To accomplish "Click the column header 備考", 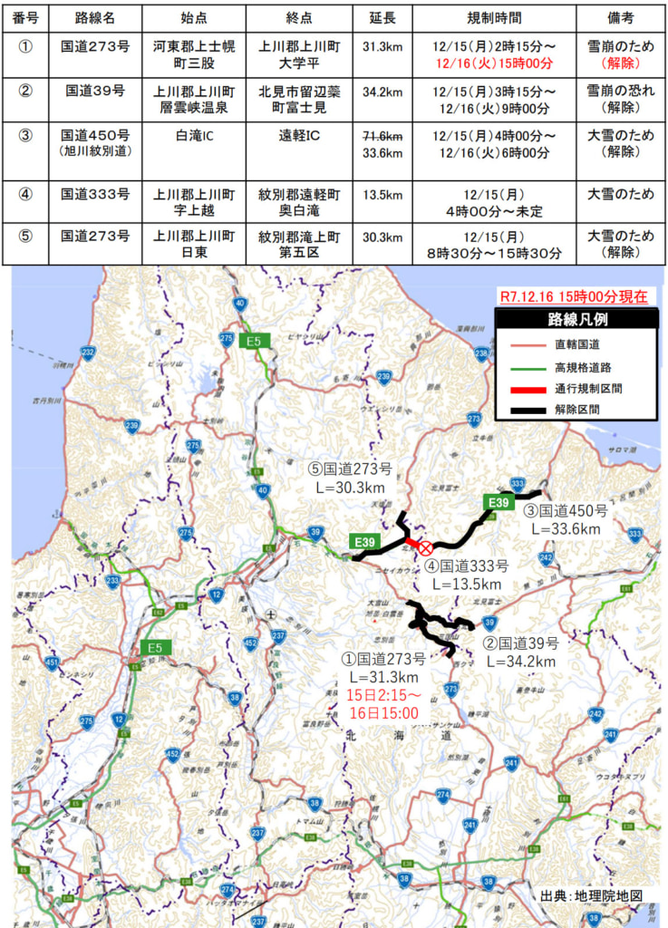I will pyautogui.click(x=621, y=18).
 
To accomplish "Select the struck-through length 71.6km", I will pyautogui.click(x=382, y=136).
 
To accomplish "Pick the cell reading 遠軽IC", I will pyautogui.click(x=297, y=136).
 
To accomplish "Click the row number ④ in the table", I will pyautogui.click(x=25, y=194).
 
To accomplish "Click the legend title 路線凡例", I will pyautogui.click(x=576, y=319).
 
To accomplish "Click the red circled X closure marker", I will pyautogui.click(x=424, y=547).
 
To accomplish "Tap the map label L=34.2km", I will pyautogui.click(x=520, y=662).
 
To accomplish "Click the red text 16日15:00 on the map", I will pyautogui.click(x=383, y=713).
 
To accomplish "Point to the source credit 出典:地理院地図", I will pyautogui.click(x=591, y=895).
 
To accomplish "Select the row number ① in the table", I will pyautogui.click(x=25, y=47).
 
